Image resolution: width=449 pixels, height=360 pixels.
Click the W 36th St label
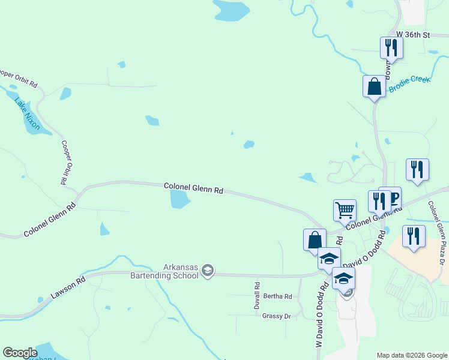[414, 35]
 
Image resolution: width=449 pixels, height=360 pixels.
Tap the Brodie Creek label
[409, 84]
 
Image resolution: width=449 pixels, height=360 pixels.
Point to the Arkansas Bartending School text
[164, 272]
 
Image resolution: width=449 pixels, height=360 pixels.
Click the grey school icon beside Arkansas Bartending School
[208, 271]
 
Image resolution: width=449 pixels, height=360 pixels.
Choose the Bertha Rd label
[277, 296]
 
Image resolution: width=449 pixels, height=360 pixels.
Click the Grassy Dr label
[276, 316]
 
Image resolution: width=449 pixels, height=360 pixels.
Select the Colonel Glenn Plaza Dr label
[436, 233]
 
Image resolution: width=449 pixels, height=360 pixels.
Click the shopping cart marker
[345, 211]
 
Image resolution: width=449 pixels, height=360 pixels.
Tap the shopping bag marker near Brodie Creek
[374, 86]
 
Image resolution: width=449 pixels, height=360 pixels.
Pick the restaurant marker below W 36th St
[391, 47]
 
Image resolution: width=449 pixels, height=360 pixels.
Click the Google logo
[20, 353]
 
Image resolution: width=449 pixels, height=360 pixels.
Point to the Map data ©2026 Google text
[411, 355]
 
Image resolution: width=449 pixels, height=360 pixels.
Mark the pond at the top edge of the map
[231, 9]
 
